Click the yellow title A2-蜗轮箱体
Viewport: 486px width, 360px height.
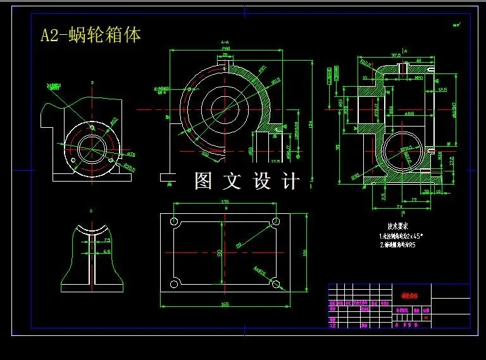click(x=90, y=35)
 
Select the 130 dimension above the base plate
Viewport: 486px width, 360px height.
click(x=224, y=202)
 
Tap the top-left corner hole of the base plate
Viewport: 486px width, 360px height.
click(x=173, y=222)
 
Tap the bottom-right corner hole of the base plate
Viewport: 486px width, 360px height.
click(x=275, y=282)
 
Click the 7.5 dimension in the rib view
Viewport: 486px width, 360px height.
click(x=107, y=240)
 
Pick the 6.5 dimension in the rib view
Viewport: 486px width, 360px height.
click(x=107, y=252)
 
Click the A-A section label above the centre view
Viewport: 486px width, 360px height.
click(x=225, y=43)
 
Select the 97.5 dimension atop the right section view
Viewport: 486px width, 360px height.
click(x=397, y=55)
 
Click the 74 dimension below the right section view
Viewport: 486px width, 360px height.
click(x=399, y=207)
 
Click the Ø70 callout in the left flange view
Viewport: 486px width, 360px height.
click(x=131, y=154)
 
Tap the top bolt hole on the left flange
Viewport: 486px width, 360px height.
click(x=92, y=127)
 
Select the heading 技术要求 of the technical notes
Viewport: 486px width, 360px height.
click(x=397, y=225)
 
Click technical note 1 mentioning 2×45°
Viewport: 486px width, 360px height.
click(x=401, y=235)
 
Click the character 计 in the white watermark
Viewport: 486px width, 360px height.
click(x=290, y=182)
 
